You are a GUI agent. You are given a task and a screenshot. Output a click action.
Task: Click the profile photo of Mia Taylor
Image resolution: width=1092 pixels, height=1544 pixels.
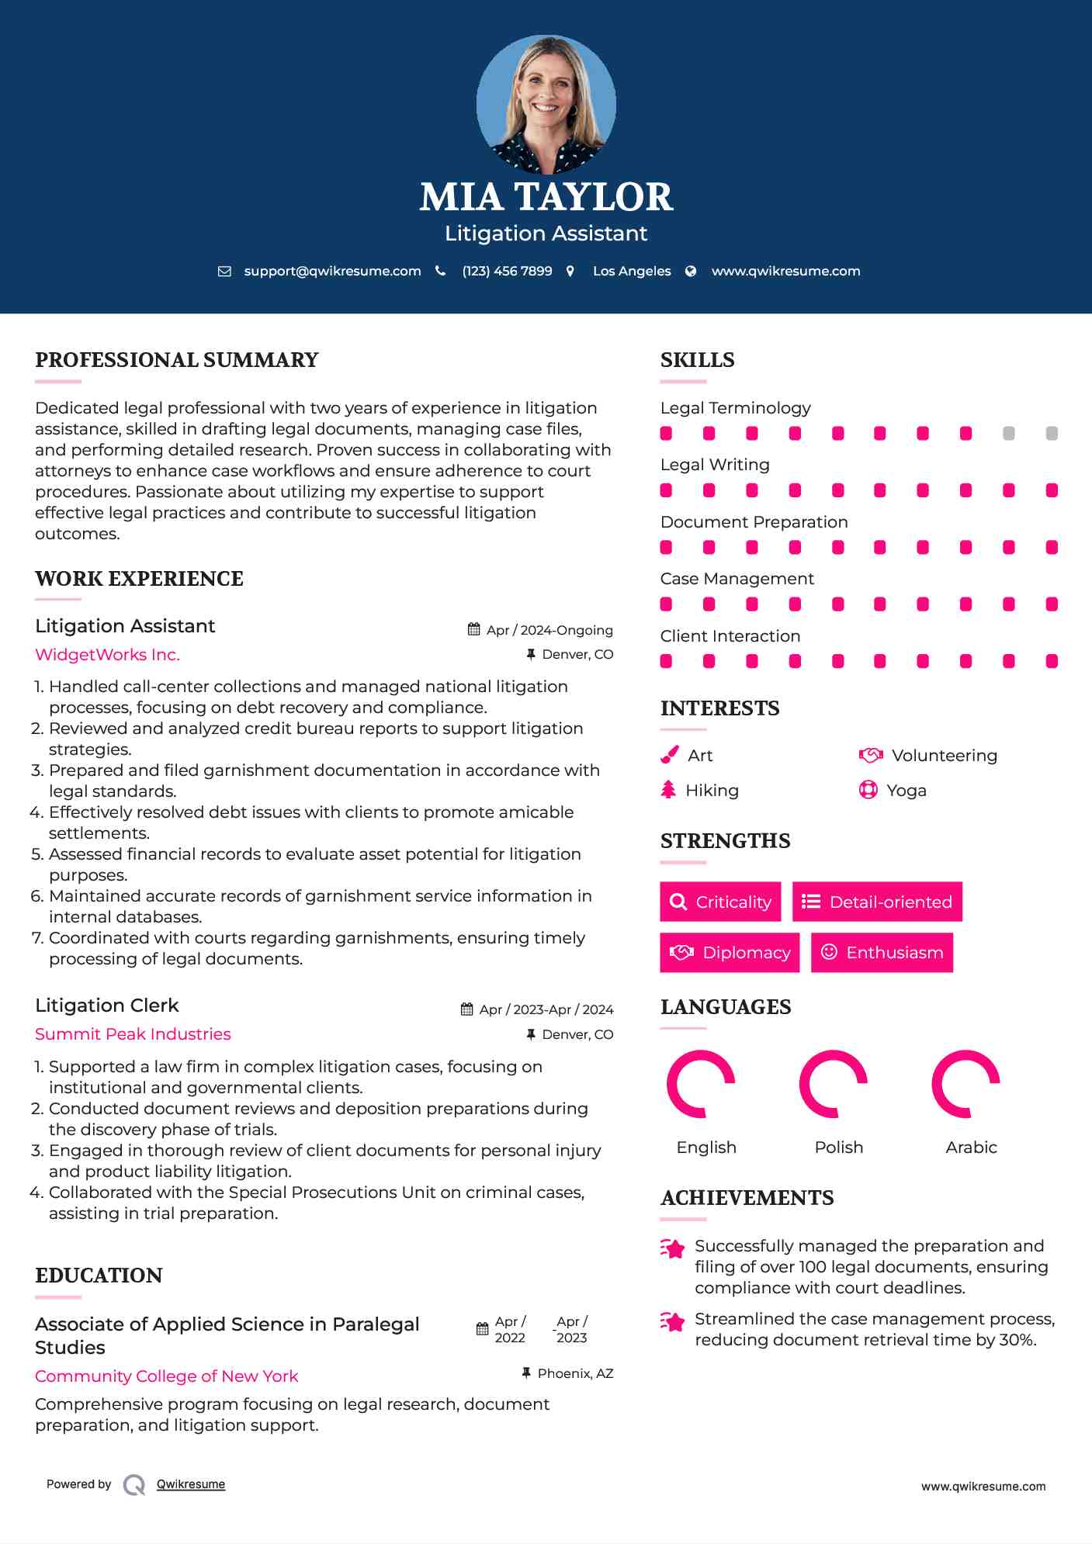(546, 104)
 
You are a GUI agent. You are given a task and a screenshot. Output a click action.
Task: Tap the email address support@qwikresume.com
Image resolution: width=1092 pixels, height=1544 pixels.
(332, 271)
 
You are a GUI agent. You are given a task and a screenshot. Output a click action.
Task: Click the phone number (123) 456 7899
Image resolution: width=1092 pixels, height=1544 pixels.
(507, 271)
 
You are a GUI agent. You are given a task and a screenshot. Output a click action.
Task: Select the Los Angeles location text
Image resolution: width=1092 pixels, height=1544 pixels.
(632, 271)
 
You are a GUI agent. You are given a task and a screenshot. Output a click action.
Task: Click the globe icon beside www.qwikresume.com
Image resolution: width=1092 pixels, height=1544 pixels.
(691, 271)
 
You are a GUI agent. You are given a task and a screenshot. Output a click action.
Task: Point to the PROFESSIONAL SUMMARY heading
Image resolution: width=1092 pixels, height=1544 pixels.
(177, 360)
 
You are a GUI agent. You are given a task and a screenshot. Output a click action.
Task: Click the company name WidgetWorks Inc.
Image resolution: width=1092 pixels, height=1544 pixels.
(107, 654)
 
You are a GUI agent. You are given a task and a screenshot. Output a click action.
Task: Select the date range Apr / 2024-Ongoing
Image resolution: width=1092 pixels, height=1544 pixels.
(549, 630)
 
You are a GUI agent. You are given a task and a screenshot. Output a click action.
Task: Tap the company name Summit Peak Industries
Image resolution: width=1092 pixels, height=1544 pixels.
(133, 1033)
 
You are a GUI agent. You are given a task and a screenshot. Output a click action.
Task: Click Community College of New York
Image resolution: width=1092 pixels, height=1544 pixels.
(166, 1376)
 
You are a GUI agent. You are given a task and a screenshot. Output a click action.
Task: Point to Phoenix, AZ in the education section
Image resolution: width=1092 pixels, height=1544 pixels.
(575, 1373)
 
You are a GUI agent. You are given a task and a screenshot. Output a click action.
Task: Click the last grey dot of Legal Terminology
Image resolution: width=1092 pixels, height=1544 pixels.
(1052, 433)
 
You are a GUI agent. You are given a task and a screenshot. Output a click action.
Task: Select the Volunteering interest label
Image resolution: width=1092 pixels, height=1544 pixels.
(944, 755)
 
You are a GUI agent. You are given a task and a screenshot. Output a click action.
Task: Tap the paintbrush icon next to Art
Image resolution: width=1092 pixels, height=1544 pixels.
(669, 755)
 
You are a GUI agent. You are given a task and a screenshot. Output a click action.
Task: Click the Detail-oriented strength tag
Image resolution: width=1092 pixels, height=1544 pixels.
(877, 902)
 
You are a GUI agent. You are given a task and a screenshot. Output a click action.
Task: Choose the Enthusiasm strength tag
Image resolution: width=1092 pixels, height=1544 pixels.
(882, 952)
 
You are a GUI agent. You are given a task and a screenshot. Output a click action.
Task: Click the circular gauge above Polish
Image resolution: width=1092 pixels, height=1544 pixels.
(833, 1084)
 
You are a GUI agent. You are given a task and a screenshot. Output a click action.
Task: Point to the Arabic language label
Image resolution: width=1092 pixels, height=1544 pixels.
(971, 1147)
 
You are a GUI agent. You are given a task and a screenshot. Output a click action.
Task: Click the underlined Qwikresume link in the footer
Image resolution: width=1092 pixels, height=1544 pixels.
(191, 1484)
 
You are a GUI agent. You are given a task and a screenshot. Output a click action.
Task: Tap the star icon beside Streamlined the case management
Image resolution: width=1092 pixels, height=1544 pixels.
(672, 1321)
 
